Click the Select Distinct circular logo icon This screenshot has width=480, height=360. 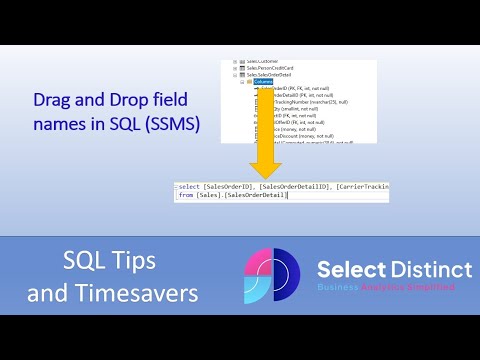coord(274,276)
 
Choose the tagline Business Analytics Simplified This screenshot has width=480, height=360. coord(386,287)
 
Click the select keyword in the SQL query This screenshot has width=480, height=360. coord(189,186)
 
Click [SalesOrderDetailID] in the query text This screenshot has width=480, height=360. coord(294,186)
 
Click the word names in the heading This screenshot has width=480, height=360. coord(61,126)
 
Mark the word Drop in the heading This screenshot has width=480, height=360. coord(120,102)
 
